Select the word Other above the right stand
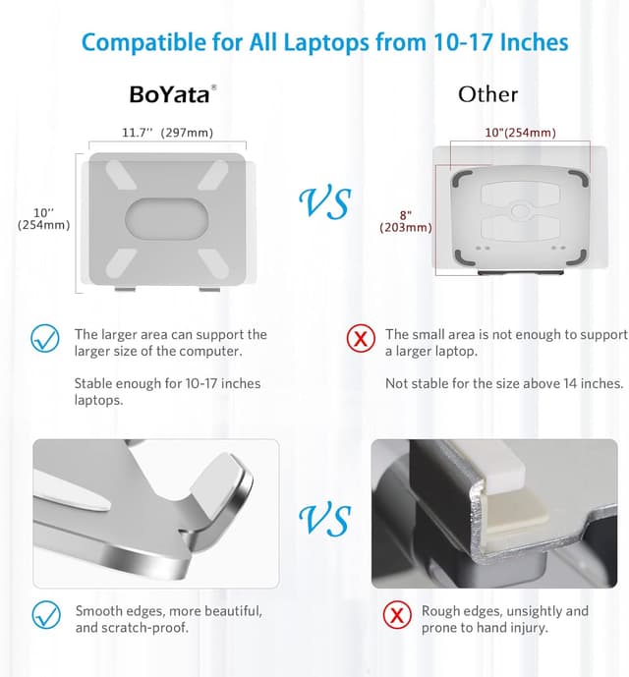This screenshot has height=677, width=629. click(x=487, y=94)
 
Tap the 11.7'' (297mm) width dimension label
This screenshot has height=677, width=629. click(x=167, y=133)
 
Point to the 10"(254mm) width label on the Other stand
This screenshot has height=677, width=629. click(x=519, y=133)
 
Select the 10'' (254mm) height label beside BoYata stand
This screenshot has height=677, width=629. click(x=43, y=218)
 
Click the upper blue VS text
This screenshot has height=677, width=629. click(x=324, y=203)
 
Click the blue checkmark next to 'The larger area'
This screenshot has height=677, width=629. click(x=45, y=339)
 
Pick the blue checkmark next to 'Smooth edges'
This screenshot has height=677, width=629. click(x=45, y=616)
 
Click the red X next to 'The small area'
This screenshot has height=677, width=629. click(x=362, y=339)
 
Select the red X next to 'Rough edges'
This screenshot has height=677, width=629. click(x=397, y=616)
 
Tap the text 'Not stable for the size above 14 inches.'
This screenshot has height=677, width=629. click(x=504, y=383)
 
